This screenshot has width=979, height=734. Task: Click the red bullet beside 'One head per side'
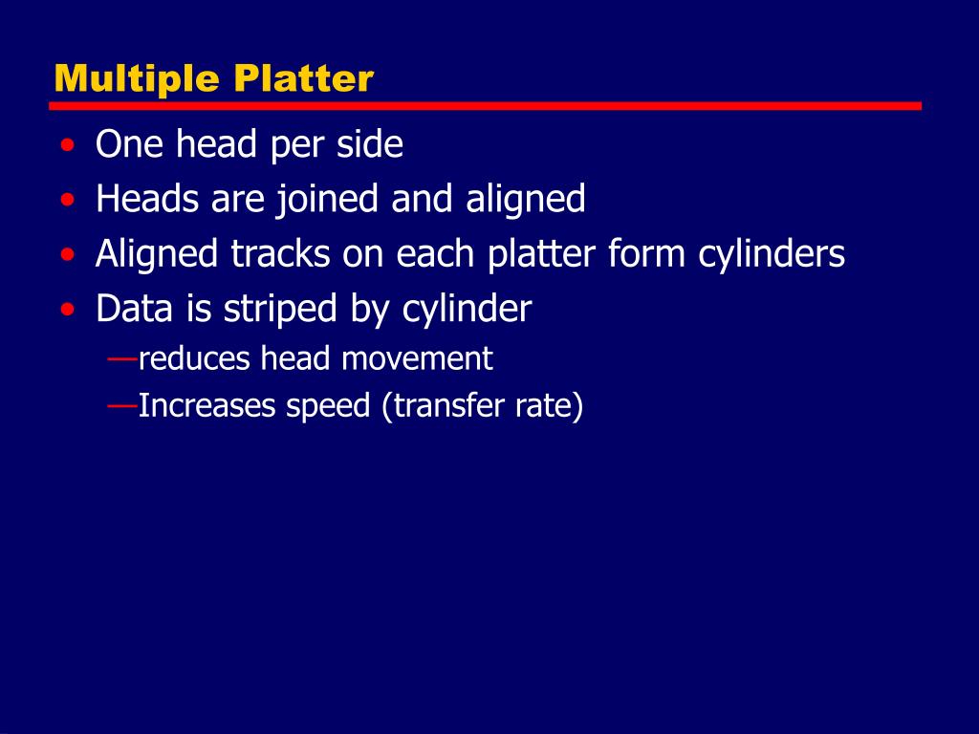(67, 146)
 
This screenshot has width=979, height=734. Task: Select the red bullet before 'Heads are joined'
(67, 201)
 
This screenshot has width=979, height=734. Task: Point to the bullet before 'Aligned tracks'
(67, 255)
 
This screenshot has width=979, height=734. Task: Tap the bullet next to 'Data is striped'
(67, 310)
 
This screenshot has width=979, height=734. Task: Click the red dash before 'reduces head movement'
(121, 358)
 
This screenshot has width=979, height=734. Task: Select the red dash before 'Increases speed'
(121, 406)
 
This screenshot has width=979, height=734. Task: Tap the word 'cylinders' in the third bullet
(771, 255)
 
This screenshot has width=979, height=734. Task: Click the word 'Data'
(132, 310)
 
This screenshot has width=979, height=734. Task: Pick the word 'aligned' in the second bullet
(526, 201)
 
